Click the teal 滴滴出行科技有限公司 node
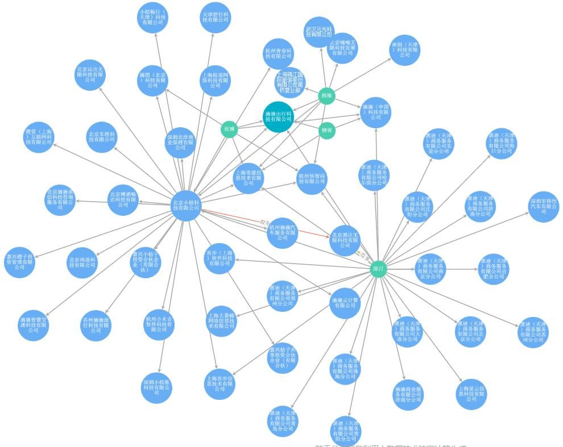tap(279, 116)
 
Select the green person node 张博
tap(229, 129)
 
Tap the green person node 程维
tap(326, 96)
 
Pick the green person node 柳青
tap(326, 130)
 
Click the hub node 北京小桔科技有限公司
tap(187, 205)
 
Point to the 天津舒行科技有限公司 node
tap(216, 17)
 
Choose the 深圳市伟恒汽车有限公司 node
tap(544, 206)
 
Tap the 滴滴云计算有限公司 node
tap(345, 303)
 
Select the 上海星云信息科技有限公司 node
tap(471, 394)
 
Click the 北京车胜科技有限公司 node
tap(102, 137)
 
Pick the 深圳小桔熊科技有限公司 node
tap(157, 387)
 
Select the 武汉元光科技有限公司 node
tap(318, 32)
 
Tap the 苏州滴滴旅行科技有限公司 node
tap(96, 325)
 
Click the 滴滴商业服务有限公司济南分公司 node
tap(408, 394)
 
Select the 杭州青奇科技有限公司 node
tap(279, 53)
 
